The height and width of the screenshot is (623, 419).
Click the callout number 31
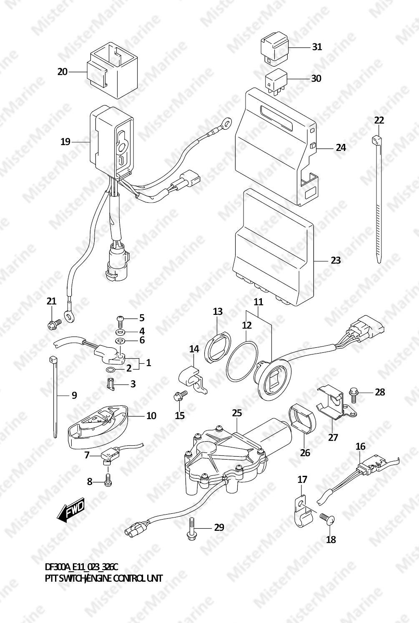coord(317,47)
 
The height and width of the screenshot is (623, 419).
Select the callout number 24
coord(341,148)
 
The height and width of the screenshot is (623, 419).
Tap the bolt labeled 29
coord(191,529)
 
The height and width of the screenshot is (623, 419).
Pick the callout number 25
coord(237,413)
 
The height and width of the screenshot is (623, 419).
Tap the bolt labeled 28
coord(354,394)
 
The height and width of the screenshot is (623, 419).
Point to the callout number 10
coord(151,416)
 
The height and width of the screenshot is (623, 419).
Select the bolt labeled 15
coord(180,396)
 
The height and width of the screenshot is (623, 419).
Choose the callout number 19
coord(65,142)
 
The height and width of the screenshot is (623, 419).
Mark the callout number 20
coord(63,72)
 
